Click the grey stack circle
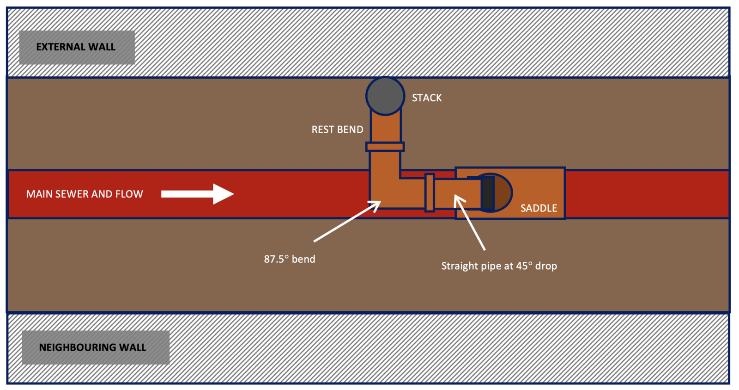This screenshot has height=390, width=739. tap(385, 96)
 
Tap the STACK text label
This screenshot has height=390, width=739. tap(427, 98)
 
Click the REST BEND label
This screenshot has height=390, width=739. tap(337, 130)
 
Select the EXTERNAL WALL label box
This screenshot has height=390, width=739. tap(77, 47)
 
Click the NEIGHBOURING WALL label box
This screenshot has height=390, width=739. tap(96, 347)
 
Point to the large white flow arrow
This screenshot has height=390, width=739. tap(198, 194)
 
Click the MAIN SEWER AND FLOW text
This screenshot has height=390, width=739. tap(85, 194)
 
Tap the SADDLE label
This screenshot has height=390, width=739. tap(539, 208)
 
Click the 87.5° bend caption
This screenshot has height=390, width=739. tap(289, 259)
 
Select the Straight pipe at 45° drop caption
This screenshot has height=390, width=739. tap(499, 266)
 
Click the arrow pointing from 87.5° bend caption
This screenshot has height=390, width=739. tap(347, 221)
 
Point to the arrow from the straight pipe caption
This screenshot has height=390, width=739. tap(469, 223)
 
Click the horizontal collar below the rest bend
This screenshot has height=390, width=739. tap(385, 146)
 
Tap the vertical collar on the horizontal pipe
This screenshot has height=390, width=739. tap(429, 192)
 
